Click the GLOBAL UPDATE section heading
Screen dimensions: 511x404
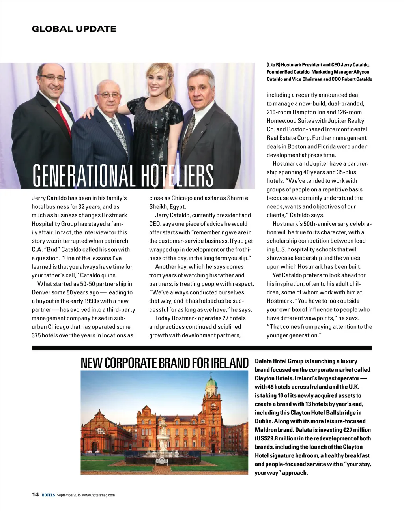pos(74,29)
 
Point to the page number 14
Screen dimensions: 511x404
pos(35,495)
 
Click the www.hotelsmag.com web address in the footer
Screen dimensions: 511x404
pos(98,495)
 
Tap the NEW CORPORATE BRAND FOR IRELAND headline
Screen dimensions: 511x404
pos(165,363)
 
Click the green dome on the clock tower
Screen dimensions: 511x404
pos(212,382)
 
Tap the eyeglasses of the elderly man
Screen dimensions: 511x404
pos(108,95)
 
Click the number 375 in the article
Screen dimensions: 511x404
pos(37,335)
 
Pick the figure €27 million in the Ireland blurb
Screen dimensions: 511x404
pos(357,430)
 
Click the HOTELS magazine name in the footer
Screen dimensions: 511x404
pos(48,495)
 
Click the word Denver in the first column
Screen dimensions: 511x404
pos(41,292)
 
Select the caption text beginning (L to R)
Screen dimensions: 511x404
pos(319,72)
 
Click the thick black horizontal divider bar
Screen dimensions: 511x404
pos(202,348)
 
